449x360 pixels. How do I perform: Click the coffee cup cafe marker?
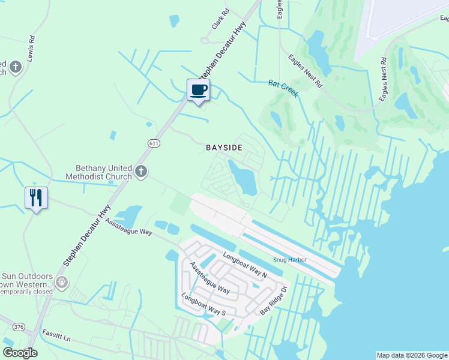tap(199, 90)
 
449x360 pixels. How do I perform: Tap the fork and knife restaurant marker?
tap(36, 197)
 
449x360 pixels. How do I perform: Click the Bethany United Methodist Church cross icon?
tap(141, 172)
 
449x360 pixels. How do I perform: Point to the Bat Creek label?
tap(283, 89)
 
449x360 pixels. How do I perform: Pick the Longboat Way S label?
tap(203, 304)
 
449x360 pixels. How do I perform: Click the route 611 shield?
tap(154, 142)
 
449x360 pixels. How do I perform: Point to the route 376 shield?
tap(18, 327)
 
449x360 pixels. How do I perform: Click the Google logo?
tap(20, 353)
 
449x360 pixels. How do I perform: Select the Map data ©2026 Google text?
tap(411, 355)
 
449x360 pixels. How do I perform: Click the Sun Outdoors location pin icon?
tap(61, 281)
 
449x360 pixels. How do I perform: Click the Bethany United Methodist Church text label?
tap(103, 173)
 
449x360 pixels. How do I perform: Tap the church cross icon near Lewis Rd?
tap(15, 67)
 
